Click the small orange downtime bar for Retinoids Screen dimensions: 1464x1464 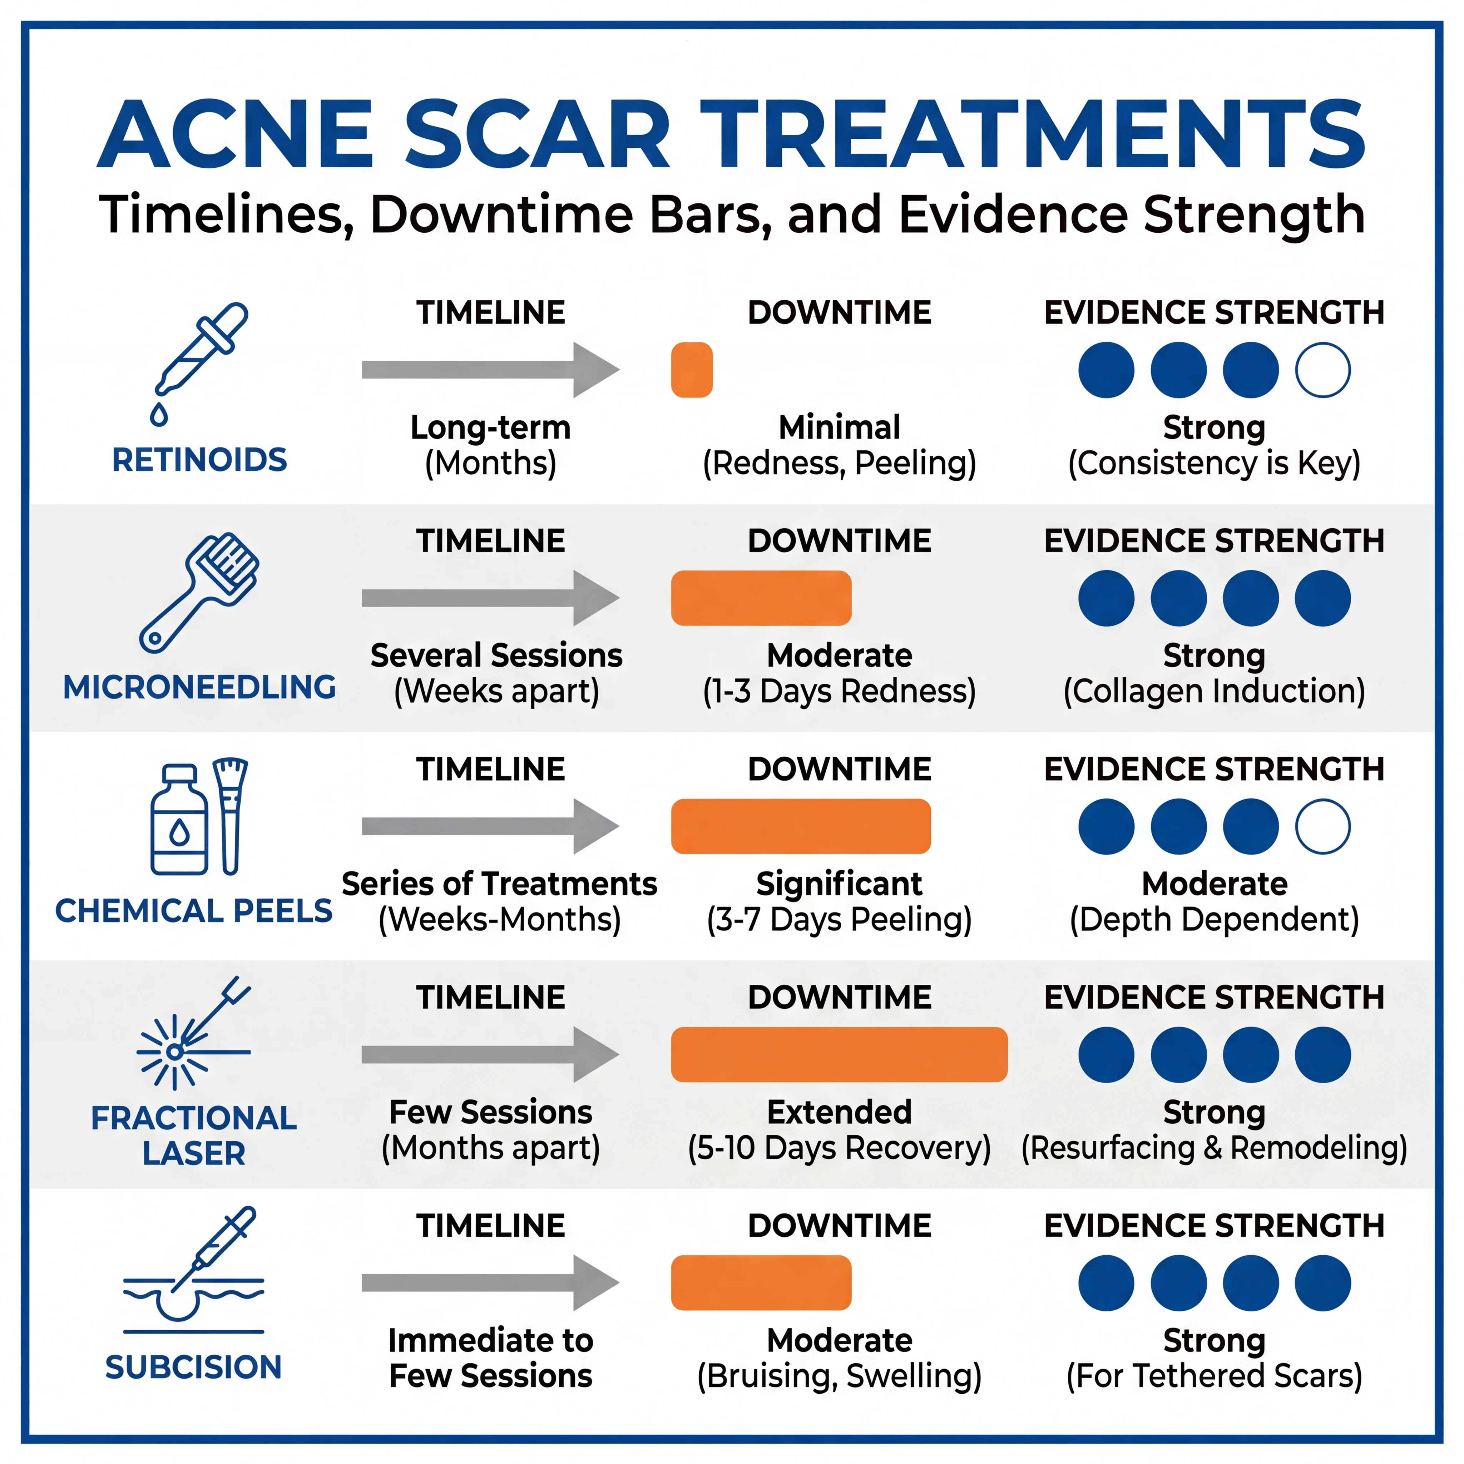click(691, 370)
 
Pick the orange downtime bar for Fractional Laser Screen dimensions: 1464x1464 click(839, 1054)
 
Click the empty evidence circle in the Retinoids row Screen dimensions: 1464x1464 click(1322, 370)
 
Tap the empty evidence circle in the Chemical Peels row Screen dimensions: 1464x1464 click(1322, 826)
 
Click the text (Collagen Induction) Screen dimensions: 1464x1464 click(1214, 691)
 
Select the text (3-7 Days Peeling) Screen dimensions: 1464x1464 click(839, 919)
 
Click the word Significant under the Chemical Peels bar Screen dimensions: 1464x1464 click(839, 884)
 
